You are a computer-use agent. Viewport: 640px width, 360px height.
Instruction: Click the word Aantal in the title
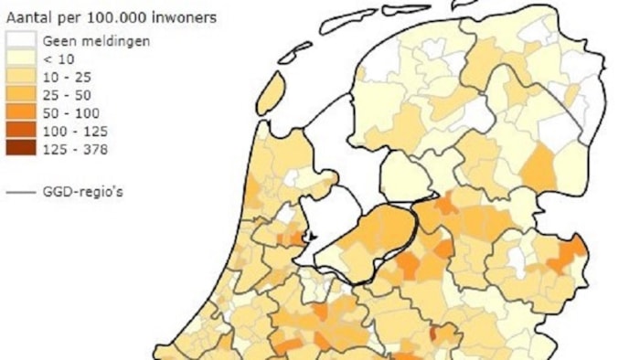28,16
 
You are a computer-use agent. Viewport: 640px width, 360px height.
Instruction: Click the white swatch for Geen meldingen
21,41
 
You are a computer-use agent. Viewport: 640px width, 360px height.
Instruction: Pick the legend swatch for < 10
21,58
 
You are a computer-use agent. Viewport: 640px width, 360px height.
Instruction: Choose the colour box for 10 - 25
21,76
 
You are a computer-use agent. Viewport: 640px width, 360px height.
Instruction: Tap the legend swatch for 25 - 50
21,94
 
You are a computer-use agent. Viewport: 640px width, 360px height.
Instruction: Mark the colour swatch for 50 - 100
21,112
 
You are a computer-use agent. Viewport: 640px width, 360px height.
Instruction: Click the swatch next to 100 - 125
21,131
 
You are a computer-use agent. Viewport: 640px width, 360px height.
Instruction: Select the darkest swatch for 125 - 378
21,149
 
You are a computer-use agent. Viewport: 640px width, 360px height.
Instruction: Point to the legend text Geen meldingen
97,41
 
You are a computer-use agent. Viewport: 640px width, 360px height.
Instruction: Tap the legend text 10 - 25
66,77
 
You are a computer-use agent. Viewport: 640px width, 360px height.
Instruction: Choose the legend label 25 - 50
66,95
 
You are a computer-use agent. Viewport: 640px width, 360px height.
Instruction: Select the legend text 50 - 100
69,113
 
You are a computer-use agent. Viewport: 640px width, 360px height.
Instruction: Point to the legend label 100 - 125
73,132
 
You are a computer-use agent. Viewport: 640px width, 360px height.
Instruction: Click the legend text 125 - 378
73,150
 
